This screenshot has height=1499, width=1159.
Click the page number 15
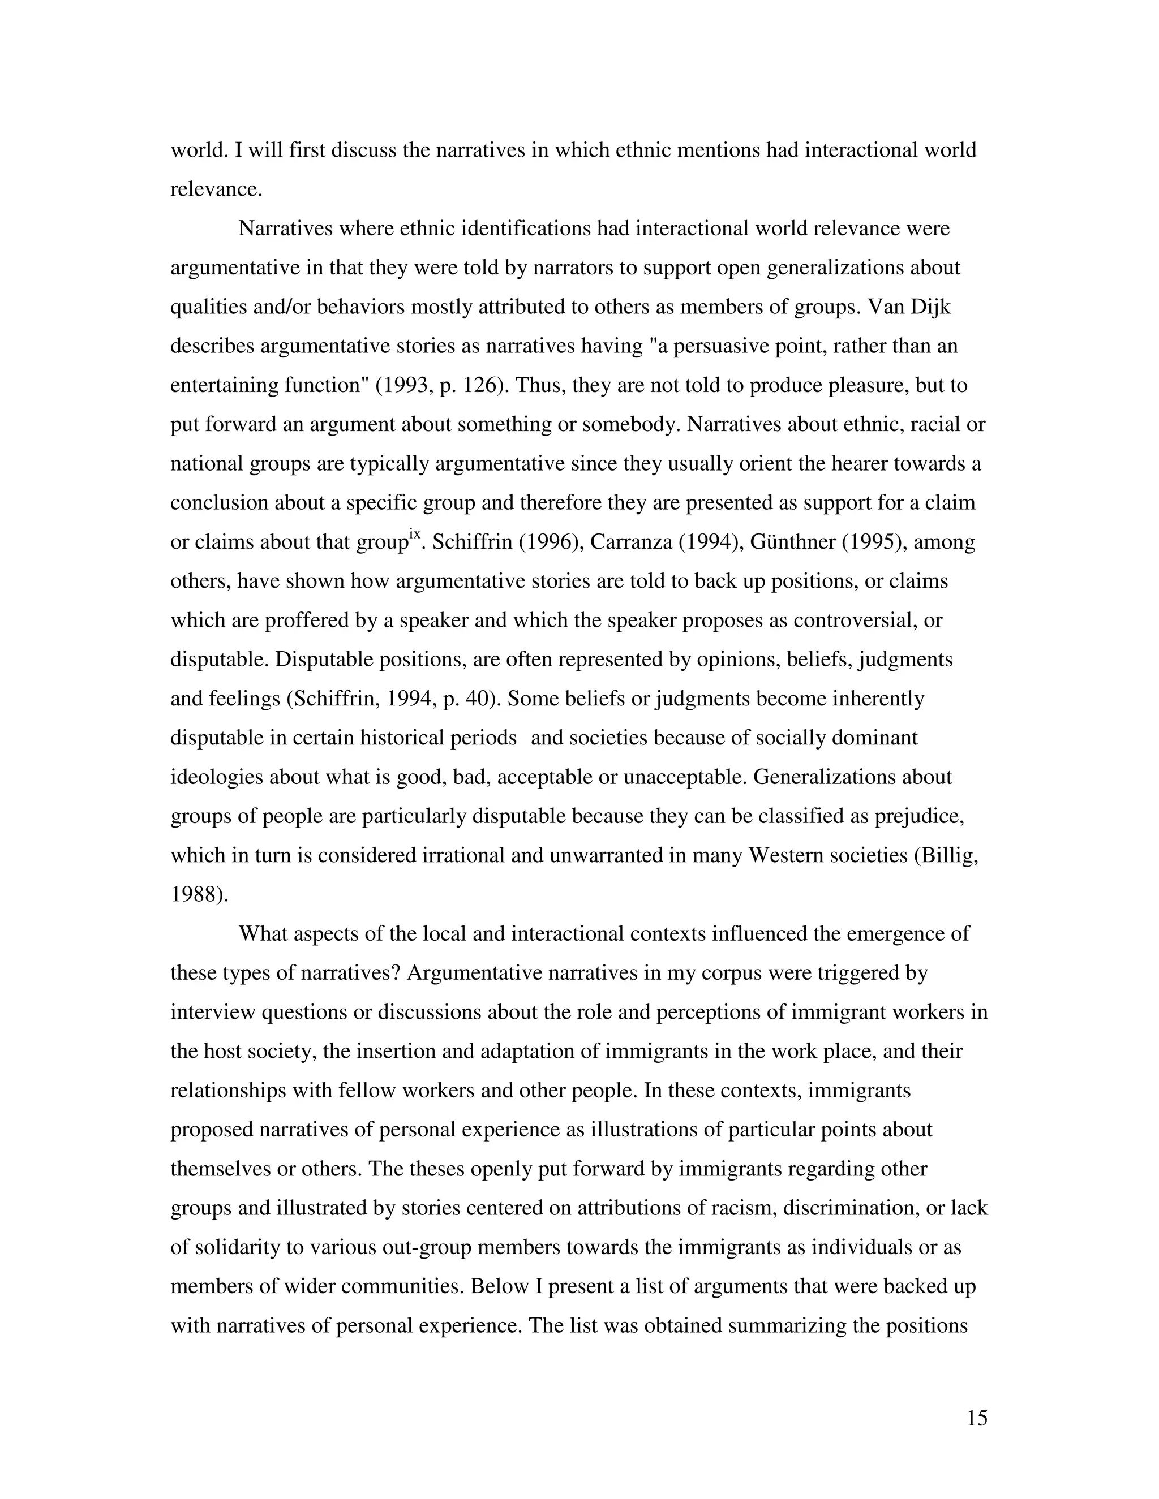point(976,1418)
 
